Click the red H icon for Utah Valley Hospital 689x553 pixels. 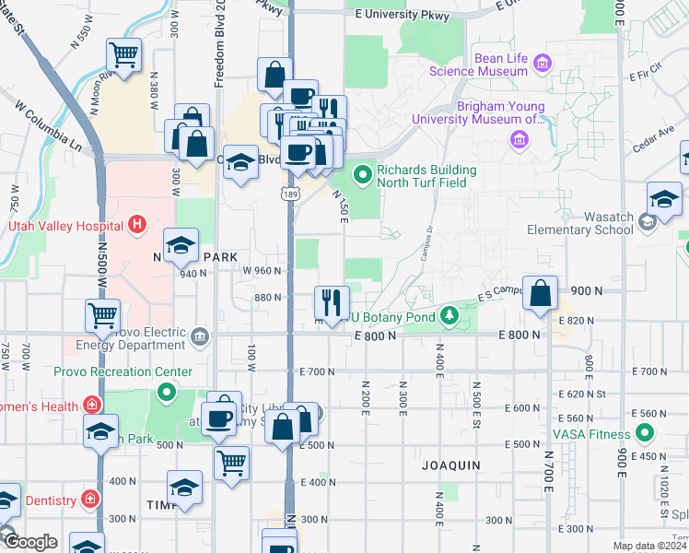pos(137,224)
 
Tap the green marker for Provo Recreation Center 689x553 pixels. pos(167,394)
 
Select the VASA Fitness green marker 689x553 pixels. pos(644,432)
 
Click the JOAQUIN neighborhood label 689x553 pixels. pos(451,465)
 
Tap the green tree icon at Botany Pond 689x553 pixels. pos(449,317)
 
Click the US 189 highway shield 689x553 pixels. pos(289,190)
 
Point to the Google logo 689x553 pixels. pos(29,542)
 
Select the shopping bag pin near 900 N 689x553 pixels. pos(542,295)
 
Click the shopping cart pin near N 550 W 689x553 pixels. pos(123,54)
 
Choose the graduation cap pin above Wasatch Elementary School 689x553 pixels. pos(664,198)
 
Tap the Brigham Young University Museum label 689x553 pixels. pos(478,112)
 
